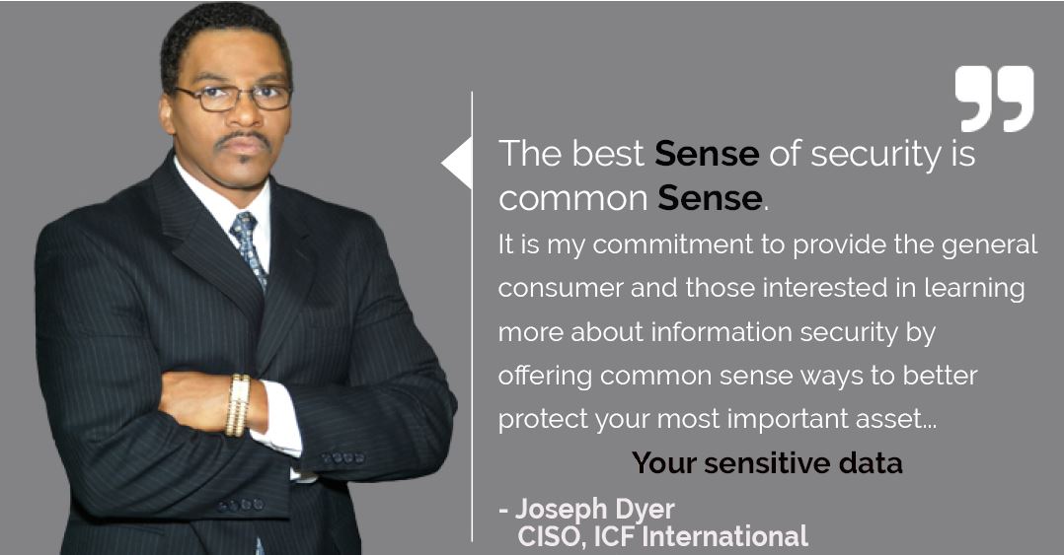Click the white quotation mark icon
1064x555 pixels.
[994, 99]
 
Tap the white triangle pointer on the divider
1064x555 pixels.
[457, 163]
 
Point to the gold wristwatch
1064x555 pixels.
[238, 405]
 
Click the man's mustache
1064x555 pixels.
[242, 141]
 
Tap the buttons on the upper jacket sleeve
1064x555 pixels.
[342, 458]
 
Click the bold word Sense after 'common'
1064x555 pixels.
[710, 198]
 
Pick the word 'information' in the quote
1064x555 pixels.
[722, 332]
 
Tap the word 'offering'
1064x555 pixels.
[545, 377]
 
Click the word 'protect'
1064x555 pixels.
[543, 420]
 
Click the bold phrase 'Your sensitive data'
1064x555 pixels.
[767, 463]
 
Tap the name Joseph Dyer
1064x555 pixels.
[595, 509]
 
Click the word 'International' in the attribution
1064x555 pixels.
[724, 536]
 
